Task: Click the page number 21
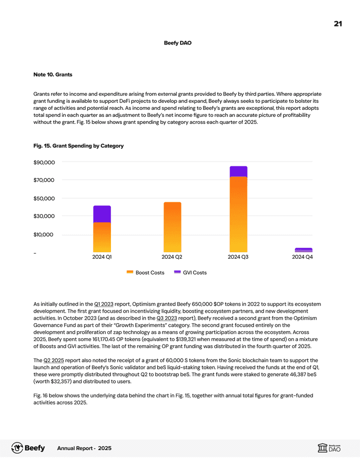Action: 337,24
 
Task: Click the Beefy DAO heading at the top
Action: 177,43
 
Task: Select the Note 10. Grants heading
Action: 52,74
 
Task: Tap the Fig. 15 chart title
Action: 78,146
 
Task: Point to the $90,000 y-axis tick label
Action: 44,162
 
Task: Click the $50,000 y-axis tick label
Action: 44,198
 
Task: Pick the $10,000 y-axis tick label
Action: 44,235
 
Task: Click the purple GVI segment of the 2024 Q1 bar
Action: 102,214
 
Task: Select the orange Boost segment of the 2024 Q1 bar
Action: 102,237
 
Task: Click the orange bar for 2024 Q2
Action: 172,227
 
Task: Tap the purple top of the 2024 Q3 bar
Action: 238,171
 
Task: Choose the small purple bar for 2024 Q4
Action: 303,250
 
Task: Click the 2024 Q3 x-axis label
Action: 238,257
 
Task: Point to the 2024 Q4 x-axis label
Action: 303,257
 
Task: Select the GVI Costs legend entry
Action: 190,273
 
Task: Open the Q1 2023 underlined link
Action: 103,304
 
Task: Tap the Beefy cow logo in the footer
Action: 17,448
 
